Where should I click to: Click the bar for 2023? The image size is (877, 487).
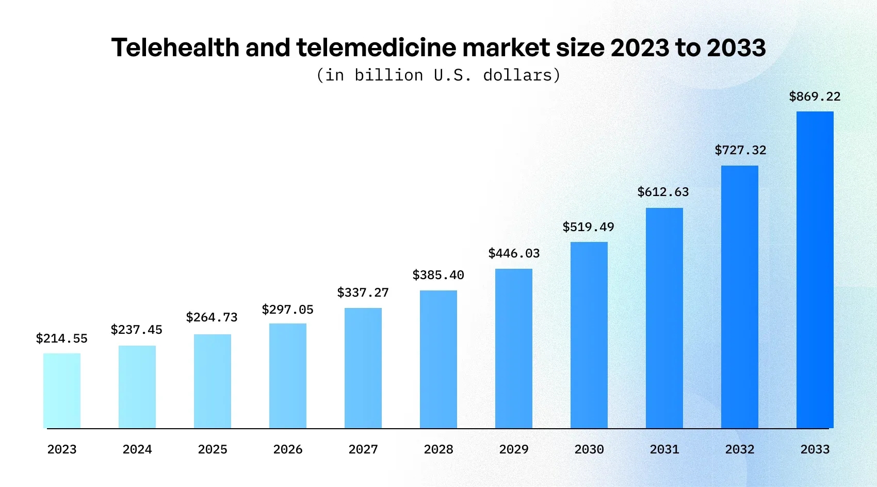coord(62,391)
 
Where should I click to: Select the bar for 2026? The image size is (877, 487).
coord(288,376)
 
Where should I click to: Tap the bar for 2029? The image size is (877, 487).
coord(514,348)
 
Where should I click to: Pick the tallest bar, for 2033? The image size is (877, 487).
coord(815,270)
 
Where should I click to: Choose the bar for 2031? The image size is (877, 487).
coord(664,318)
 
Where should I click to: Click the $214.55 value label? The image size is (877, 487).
coord(62,338)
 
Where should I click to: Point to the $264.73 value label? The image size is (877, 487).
coord(212,317)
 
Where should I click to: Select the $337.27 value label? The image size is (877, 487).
coord(363,293)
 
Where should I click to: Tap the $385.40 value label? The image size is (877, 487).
coord(438,275)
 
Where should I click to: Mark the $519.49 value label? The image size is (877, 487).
coord(589,227)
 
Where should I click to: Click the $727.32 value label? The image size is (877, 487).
coord(741,150)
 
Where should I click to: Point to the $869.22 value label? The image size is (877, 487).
coord(815,96)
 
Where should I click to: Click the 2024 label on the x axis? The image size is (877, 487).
coord(137,449)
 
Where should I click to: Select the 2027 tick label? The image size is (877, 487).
coord(363,449)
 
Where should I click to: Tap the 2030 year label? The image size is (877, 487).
coord(589,449)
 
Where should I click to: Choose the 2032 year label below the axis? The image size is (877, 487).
coord(740,449)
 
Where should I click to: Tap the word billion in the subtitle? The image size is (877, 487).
coord(389,75)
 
